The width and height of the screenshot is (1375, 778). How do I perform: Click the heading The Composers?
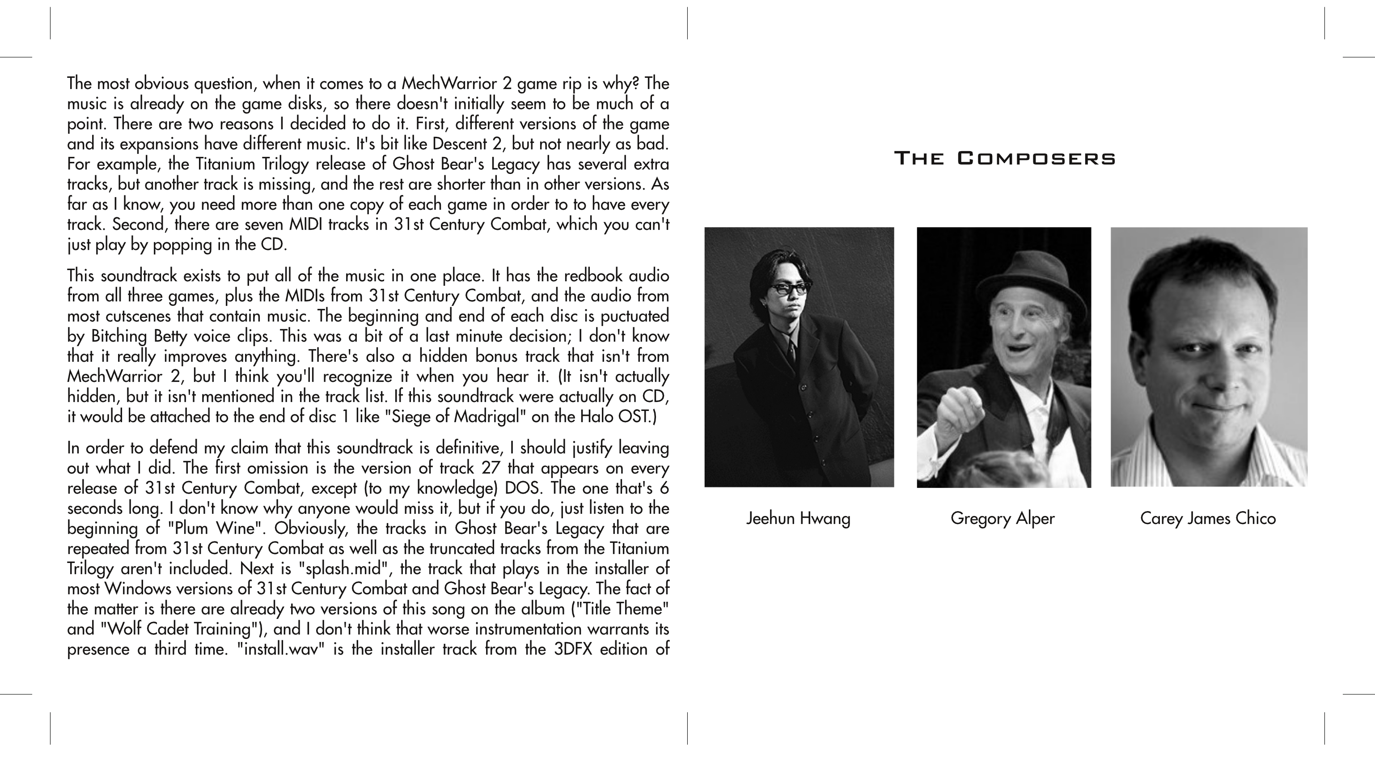tap(1005, 159)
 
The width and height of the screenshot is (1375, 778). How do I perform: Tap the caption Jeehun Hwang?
tap(798, 518)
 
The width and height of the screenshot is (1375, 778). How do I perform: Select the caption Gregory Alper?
tap(1003, 518)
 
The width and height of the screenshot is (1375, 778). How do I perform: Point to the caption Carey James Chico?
tap(1208, 518)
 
